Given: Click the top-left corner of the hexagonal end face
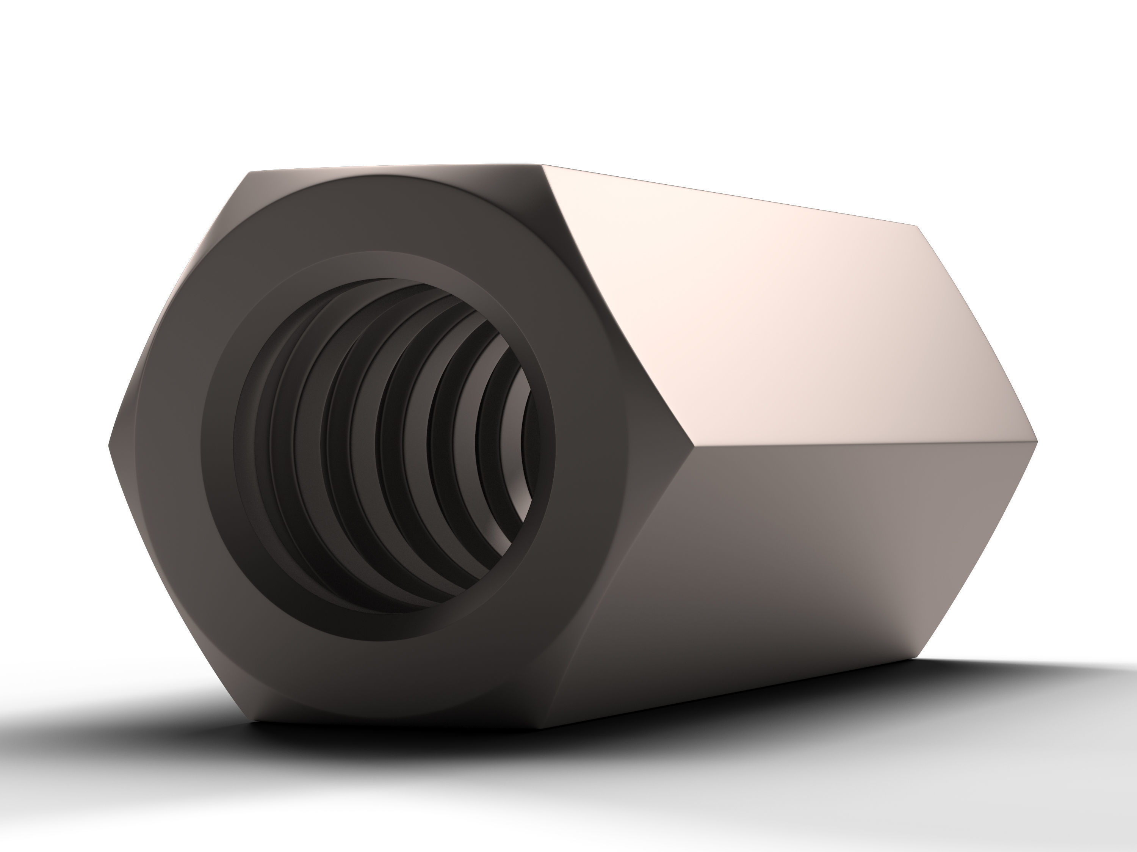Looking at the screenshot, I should (250, 172).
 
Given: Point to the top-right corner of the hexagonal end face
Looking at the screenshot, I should (542, 166).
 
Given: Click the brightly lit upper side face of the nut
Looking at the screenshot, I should (771, 319).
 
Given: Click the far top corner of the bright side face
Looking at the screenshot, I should (918, 226).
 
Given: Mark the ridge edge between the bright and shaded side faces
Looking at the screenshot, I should (863, 444).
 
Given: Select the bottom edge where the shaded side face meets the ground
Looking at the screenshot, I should (730, 694).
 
